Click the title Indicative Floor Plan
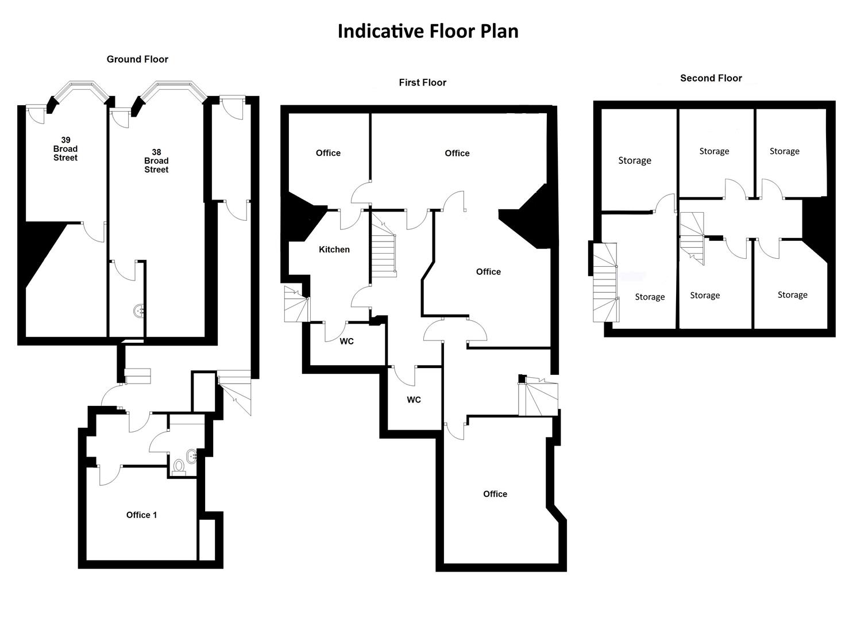[428, 31]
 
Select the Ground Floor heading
[137, 59]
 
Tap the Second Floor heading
[711, 78]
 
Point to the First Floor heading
[422, 83]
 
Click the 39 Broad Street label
[65, 149]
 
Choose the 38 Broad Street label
[156, 161]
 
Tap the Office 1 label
[141, 515]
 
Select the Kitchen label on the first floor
[334, 250]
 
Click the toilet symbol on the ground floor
[179, 466]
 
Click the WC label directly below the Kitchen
[346, 342]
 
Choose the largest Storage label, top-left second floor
[634, 160]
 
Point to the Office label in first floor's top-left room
[328, 153]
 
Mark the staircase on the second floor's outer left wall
[605, 282]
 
